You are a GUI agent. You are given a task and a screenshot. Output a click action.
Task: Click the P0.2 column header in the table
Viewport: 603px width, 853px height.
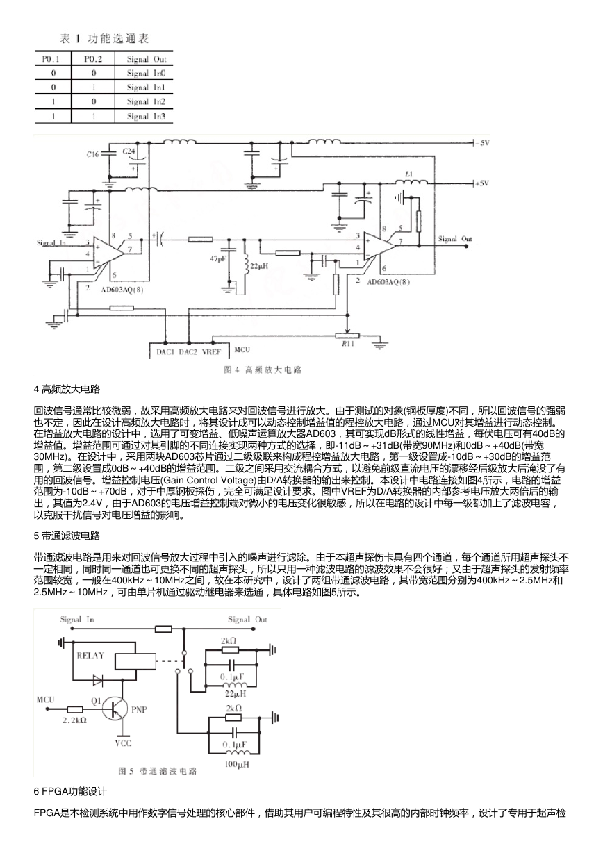93,59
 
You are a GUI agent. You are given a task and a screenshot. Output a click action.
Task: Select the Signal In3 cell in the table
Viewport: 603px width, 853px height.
147,116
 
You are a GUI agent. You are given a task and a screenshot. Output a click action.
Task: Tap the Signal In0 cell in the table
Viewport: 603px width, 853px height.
147,73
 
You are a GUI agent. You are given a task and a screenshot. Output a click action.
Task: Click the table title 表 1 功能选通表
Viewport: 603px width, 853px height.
104,38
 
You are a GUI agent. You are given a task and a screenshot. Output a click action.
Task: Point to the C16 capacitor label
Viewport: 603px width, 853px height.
92,154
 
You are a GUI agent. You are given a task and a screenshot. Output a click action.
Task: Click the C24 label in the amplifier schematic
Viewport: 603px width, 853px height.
129,151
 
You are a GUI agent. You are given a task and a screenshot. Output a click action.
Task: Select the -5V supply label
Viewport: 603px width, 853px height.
482,143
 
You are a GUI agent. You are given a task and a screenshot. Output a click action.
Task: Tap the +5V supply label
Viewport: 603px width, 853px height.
482,183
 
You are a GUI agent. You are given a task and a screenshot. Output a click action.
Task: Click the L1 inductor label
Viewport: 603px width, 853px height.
409,174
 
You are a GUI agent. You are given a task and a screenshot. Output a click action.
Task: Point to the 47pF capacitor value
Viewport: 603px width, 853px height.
218,258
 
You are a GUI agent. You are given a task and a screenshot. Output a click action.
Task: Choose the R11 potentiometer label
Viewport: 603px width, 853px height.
347,343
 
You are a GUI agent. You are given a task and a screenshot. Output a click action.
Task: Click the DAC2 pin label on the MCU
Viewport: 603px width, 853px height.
188,351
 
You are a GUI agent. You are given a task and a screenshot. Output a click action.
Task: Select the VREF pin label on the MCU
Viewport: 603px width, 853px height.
211,351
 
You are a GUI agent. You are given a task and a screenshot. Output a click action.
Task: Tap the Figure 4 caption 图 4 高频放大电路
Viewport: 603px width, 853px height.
263,370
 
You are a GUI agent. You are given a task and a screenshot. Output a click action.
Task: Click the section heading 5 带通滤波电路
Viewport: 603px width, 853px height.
67,536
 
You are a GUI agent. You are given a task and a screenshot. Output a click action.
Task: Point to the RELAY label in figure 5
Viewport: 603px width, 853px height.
90,655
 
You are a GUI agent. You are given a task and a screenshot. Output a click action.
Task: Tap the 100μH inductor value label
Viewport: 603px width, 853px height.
237,764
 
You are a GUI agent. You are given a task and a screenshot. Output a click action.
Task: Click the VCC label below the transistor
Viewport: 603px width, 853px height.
123,743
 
